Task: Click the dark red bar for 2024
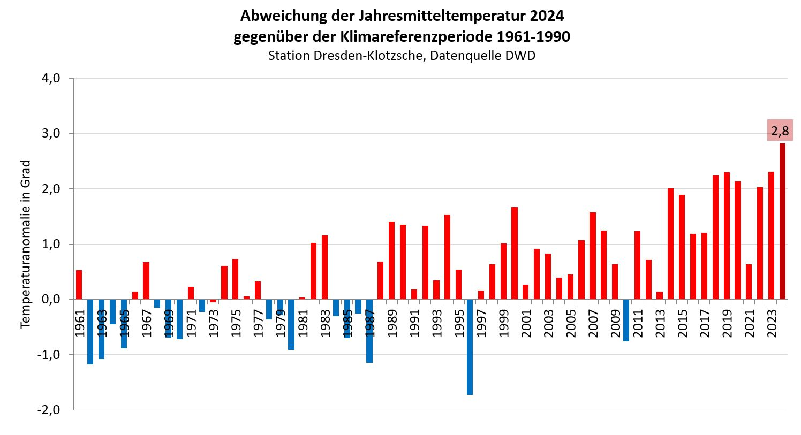pyautogui.click(x=782, y=221)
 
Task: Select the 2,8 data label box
pyautogui.click(x=779, y=131)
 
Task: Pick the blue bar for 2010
pyautogui.click(x=626, y=320)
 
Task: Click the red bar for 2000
pyautogui.click(x=515, y=253)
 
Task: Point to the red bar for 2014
pyautogui.click(x=670, y=243)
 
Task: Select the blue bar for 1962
pyautogui.click(x=90, y=332)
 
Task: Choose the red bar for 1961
pyautogui.click(x=79, y=285)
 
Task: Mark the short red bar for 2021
pyautogui.click(x=749, y=281)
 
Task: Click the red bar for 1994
pyautogui.click(x=447, y=257)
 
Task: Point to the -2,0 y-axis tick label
pyautogui.click(x=48, y=410)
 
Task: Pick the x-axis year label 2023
pyautogui.click(x=772, y=324)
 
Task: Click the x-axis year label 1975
pyautogui.click(x=236, y=324)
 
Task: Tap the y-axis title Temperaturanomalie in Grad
pyautogui.click(x=25, y=244)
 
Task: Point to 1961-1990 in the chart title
pyautogui.click(x=533, y=37)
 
